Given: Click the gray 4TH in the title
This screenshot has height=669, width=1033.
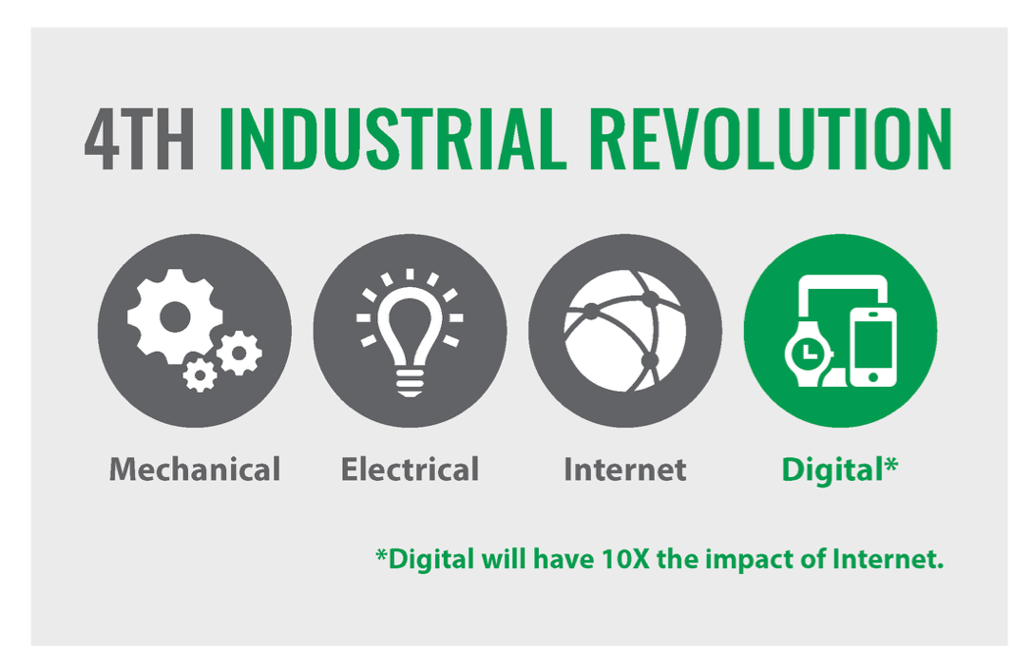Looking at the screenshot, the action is [139, 139].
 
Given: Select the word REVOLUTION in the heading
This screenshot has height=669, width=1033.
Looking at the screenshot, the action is [771, 139].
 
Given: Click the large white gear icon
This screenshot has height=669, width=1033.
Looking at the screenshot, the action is [174, 317].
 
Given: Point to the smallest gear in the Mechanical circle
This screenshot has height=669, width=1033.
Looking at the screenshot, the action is [200, 374].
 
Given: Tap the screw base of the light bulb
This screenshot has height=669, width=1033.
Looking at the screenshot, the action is [410, 383].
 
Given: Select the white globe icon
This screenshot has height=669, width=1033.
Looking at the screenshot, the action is [624, 331].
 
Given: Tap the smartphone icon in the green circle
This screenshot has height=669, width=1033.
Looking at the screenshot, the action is [873, 347].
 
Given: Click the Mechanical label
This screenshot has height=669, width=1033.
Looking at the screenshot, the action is [195, 469].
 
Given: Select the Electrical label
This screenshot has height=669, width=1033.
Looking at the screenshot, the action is [410, 469].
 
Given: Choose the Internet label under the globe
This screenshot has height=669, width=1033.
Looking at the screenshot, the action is [625, 469].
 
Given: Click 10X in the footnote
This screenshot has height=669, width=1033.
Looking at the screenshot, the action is [626, 559].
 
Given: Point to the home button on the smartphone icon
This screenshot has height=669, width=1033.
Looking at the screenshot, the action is [873, 376].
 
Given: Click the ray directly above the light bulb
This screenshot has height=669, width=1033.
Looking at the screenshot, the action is [410, 275].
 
